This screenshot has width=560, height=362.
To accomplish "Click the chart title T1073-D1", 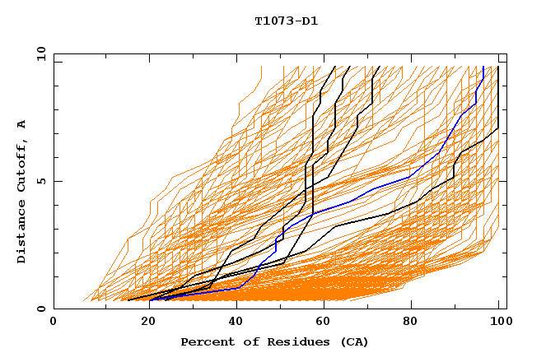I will (286, 21).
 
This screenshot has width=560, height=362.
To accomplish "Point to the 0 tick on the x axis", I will (54, 322).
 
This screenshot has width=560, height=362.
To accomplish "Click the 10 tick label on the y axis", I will (40, 54).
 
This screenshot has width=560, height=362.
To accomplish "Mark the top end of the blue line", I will (483, 67).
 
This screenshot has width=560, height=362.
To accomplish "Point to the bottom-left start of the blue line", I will (150, 300).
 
